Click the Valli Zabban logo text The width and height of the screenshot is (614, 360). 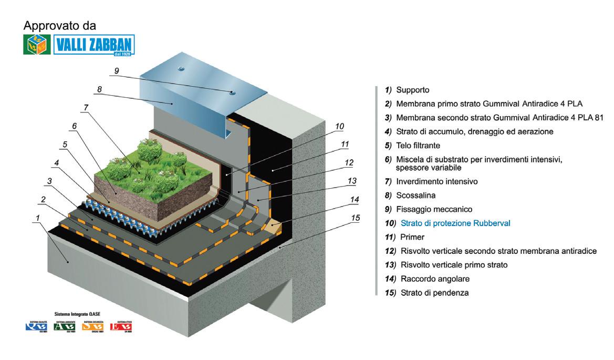(95, 45)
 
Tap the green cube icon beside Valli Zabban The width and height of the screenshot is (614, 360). (37, 45)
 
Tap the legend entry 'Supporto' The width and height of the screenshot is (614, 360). (412, 90)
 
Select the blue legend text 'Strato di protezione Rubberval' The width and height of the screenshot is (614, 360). (455, 223)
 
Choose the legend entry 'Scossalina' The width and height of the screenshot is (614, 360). (415, 196)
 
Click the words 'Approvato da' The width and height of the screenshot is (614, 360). (60, 25)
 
